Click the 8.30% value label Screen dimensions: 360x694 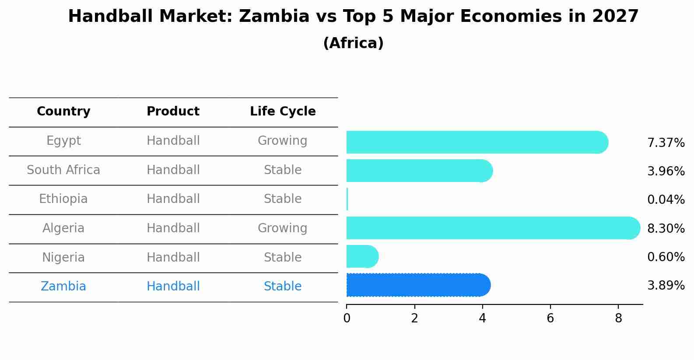(666, 228)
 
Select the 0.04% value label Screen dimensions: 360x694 (666, 200)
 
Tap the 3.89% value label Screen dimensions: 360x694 (666, 286)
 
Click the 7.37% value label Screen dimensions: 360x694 (666, 143)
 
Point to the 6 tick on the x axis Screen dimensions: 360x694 (550, 318)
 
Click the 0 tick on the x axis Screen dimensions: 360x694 (347, 318)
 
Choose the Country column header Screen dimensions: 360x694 (63, 112)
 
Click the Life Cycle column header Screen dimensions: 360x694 (283, 112)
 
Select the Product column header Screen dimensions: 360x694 (173, 112)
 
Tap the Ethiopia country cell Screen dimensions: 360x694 (63, 199)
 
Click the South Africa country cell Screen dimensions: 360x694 (63, 170)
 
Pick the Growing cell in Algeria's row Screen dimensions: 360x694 (282, 228)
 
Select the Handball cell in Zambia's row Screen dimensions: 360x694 (173, 287)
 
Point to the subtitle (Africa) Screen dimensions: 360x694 (353, 43)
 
